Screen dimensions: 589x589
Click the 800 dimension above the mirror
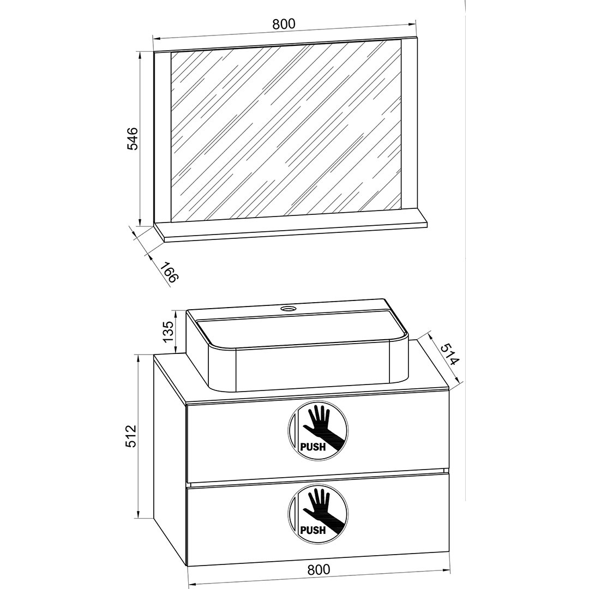[284, 23]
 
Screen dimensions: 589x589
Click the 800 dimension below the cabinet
[318, 569]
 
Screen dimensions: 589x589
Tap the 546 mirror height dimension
[132, 139]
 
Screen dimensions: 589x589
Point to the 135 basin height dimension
[169, 330]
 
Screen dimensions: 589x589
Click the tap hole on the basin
[288, 309]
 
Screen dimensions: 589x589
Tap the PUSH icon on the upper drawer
[318, 431]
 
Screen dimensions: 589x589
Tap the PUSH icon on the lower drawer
[318, 515]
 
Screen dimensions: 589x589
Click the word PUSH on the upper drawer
[312, 447]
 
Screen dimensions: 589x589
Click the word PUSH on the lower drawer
[312, 531]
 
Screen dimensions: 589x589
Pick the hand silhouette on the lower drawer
[322, 511]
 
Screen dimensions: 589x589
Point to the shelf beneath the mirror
[291, 230]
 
